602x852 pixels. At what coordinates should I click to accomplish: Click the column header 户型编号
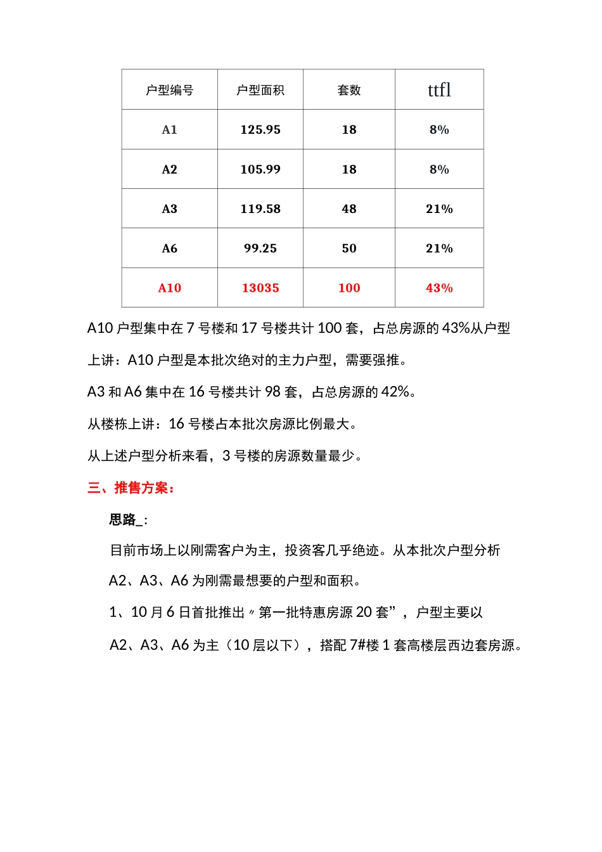169,90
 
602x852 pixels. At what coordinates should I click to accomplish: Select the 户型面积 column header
260,90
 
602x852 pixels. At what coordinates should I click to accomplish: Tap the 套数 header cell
349,90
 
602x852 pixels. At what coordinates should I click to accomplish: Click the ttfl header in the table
439,90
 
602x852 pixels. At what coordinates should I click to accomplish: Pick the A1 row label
169,130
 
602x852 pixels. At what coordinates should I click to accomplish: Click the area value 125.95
260,130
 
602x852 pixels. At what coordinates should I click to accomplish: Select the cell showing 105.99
260,169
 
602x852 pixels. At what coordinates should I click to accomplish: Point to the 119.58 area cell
260,209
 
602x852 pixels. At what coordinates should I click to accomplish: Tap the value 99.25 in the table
260,248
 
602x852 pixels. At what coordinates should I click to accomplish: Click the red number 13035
260,288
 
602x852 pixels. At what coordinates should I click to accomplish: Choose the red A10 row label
169,288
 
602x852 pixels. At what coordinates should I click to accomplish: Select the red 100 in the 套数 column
349,288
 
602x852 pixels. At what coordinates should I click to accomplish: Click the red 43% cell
439,288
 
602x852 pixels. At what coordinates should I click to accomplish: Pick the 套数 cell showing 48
349,209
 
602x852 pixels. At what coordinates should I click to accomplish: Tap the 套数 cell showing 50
349,248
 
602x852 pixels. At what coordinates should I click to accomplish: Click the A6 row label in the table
169,248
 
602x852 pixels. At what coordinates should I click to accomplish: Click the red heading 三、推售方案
131,488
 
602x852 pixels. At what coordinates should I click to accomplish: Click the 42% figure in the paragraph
395,392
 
